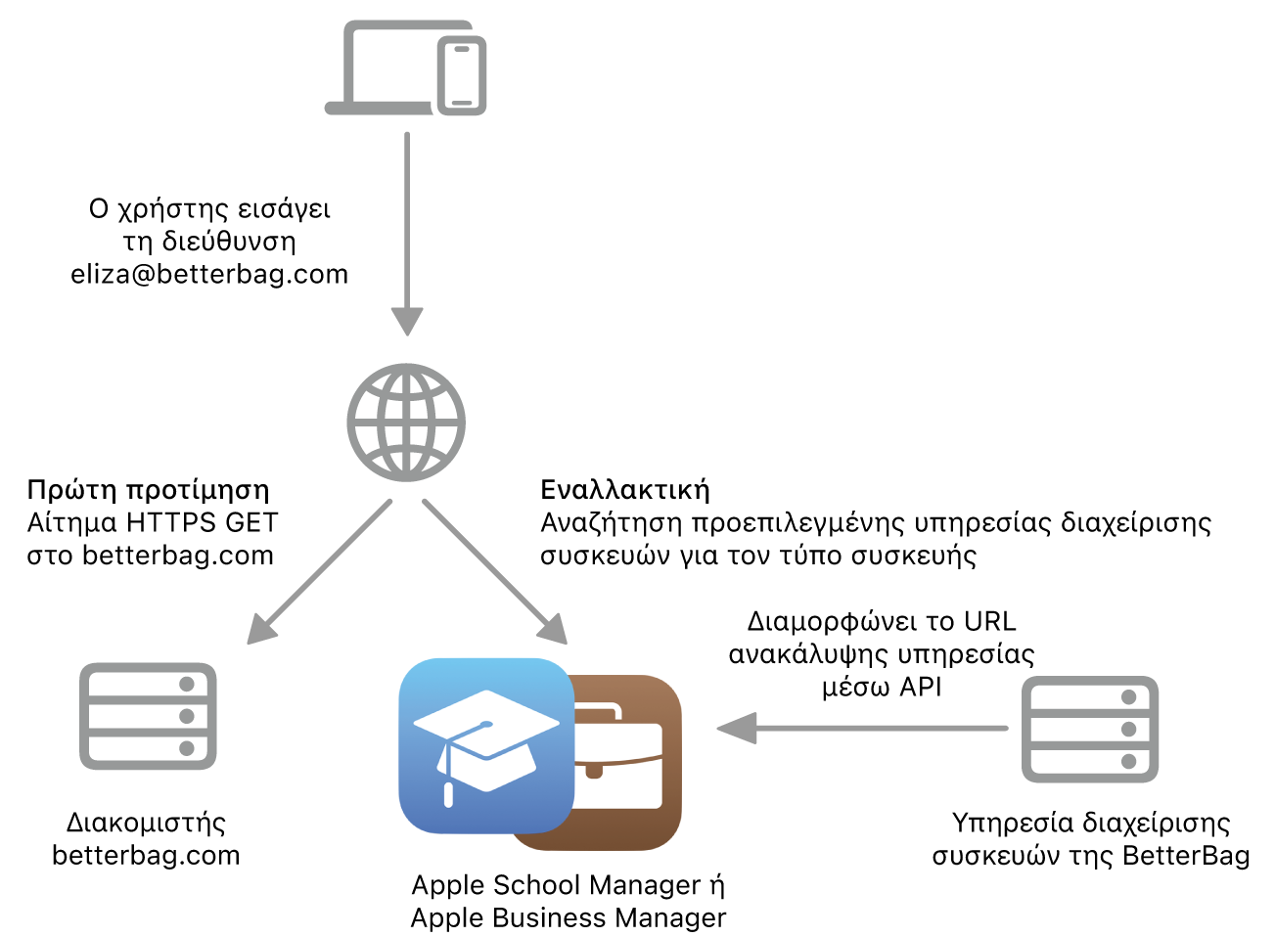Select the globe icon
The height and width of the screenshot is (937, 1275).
tap(406, 423)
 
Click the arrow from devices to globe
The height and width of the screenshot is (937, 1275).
tap(407, 234)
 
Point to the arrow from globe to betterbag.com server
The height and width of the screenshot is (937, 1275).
tap(319, 572)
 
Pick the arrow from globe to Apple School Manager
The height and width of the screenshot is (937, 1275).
tap(495, 572)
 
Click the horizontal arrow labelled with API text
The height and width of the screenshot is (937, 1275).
tap(862, 729)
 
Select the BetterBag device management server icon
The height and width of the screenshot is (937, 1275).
tap(1090, 729)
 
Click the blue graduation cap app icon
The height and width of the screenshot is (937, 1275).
tap(486, 746)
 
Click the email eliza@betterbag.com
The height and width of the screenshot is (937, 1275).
tap(209, 274)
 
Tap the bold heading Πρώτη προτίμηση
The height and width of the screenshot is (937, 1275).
tap(148, 490)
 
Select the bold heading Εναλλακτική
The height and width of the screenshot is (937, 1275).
tap(625, 489)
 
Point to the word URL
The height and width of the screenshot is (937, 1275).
tap(990, 621)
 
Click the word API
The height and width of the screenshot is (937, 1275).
tap(921, 687)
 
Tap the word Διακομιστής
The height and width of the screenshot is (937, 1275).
tap(146, 824)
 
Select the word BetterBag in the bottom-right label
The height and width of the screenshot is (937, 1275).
tap(1186, 856)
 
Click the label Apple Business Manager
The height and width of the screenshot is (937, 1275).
tap(569, 917)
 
